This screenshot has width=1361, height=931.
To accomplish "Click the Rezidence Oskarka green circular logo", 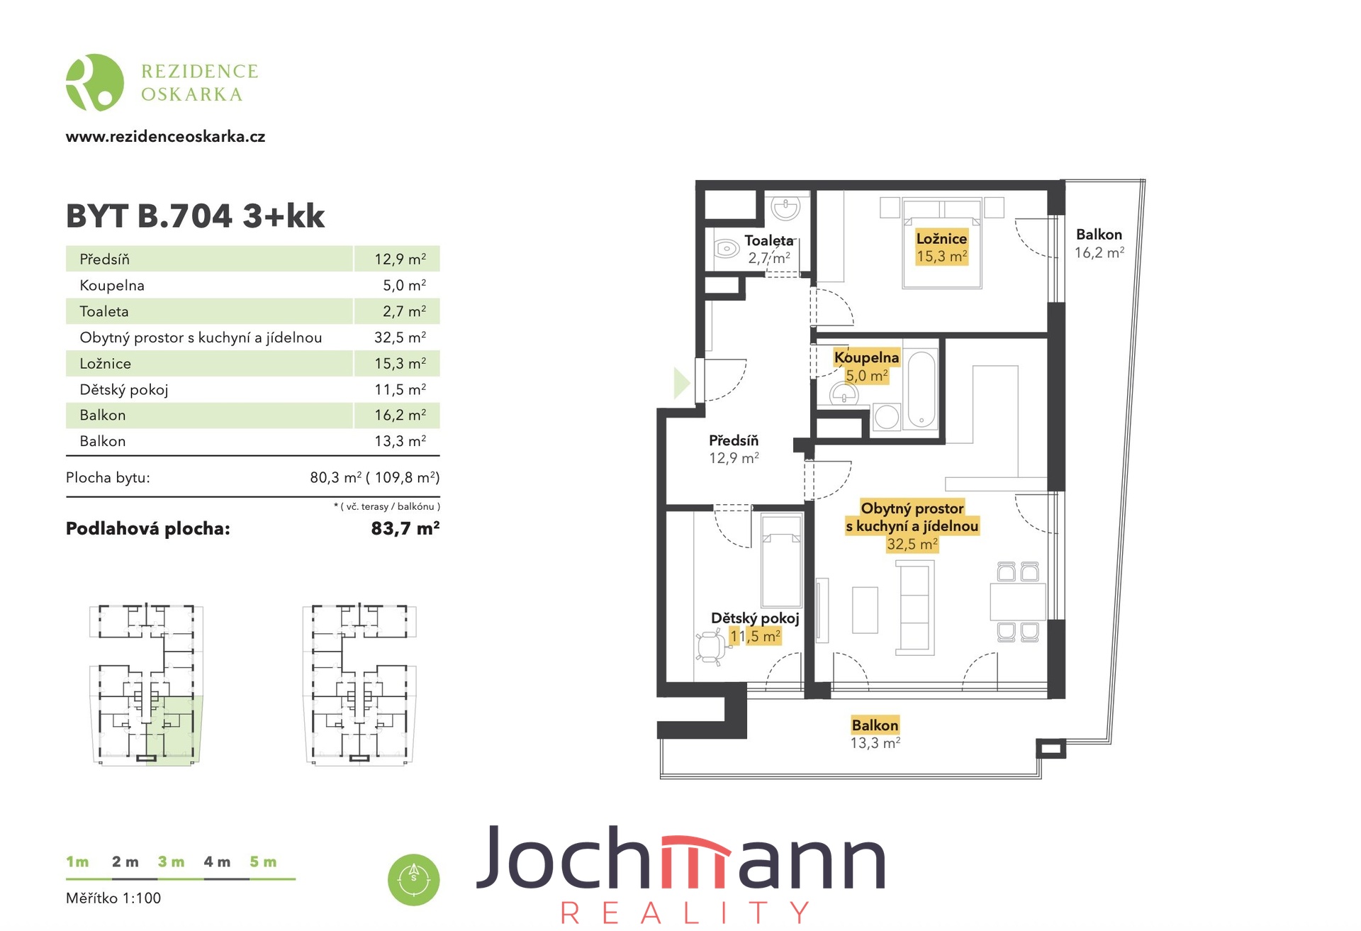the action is click(95, 82).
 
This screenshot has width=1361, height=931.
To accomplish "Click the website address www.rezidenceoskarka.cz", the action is click(165, 137).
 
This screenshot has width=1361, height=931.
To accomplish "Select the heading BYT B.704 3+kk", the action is click(195, 216).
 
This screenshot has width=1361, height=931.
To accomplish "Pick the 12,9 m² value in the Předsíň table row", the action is click(400, 259).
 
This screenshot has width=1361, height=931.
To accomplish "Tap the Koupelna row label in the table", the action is click(112, 286).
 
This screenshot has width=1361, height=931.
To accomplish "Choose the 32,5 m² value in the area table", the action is click(400, 338).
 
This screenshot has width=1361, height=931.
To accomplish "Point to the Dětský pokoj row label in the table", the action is click(124, 389).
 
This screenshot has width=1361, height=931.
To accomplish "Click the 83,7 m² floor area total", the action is click(405, 528).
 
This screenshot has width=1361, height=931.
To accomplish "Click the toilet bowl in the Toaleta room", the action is click(727, 249).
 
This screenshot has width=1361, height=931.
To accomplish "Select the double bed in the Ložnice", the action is click(942, 243).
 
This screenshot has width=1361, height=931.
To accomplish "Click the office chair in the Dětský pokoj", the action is click(710, 647).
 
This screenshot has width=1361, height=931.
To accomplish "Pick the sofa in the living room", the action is click(915, 608).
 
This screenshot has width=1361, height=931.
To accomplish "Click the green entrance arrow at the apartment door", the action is click(681, 384).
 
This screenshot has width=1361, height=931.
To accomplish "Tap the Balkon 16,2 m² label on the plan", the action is click(1099, 243).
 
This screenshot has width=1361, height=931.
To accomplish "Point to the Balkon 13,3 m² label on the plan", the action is click(875, 733).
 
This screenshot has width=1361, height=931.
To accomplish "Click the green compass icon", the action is click(414, 879).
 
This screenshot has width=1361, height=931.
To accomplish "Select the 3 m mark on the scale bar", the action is click(171, 862).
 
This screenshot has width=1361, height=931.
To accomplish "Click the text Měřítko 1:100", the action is click(113, 898).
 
